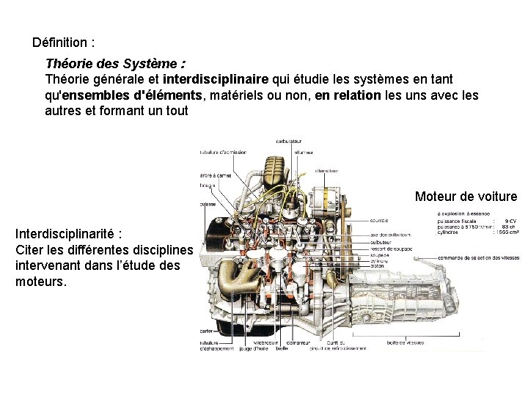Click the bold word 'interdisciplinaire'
[216, 78]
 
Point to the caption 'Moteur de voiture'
[466, 197]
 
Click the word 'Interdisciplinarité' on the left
[65, 234]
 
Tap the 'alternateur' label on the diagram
[326, 170]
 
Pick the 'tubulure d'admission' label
[223, 153]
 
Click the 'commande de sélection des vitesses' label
[477, 259]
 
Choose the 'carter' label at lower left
[206, 331]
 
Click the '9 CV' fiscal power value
[510, 221]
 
